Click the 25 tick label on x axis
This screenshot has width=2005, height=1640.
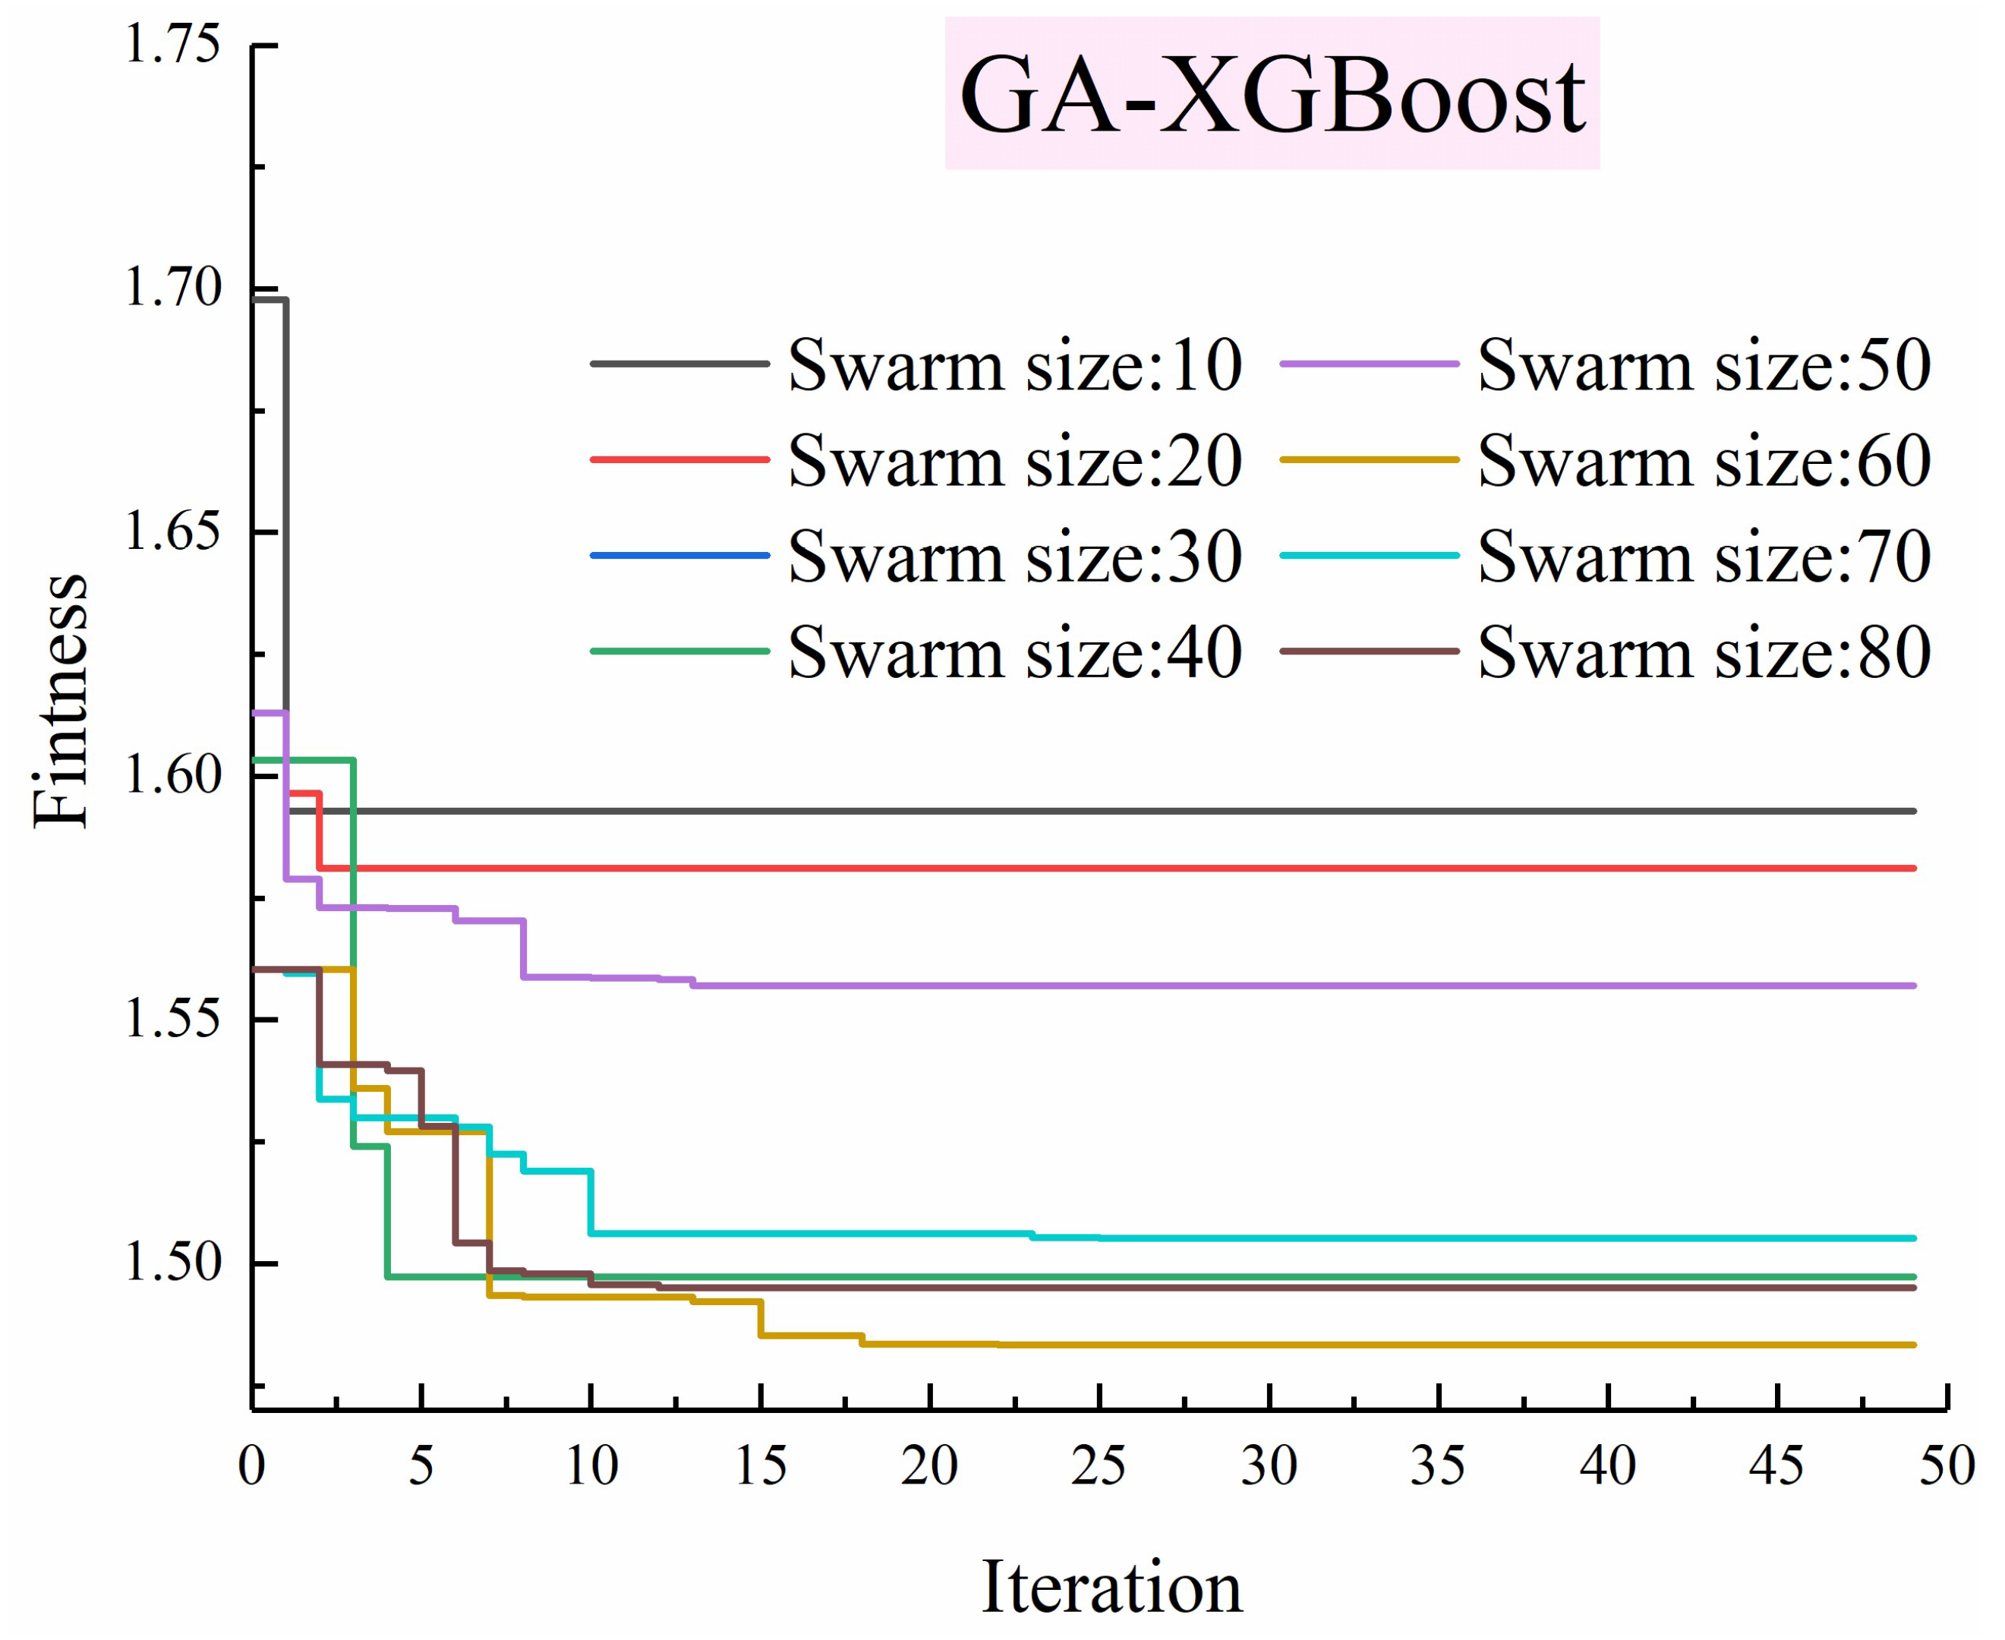[x=1099, y=1466]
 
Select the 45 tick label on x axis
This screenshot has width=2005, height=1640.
[x=1776, y=1466]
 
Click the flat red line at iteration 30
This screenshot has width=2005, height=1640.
[x=1269, y=867]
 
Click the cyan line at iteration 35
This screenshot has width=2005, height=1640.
[x=1439, y=1238]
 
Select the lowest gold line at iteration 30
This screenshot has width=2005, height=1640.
[x=1269, y=1345]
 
